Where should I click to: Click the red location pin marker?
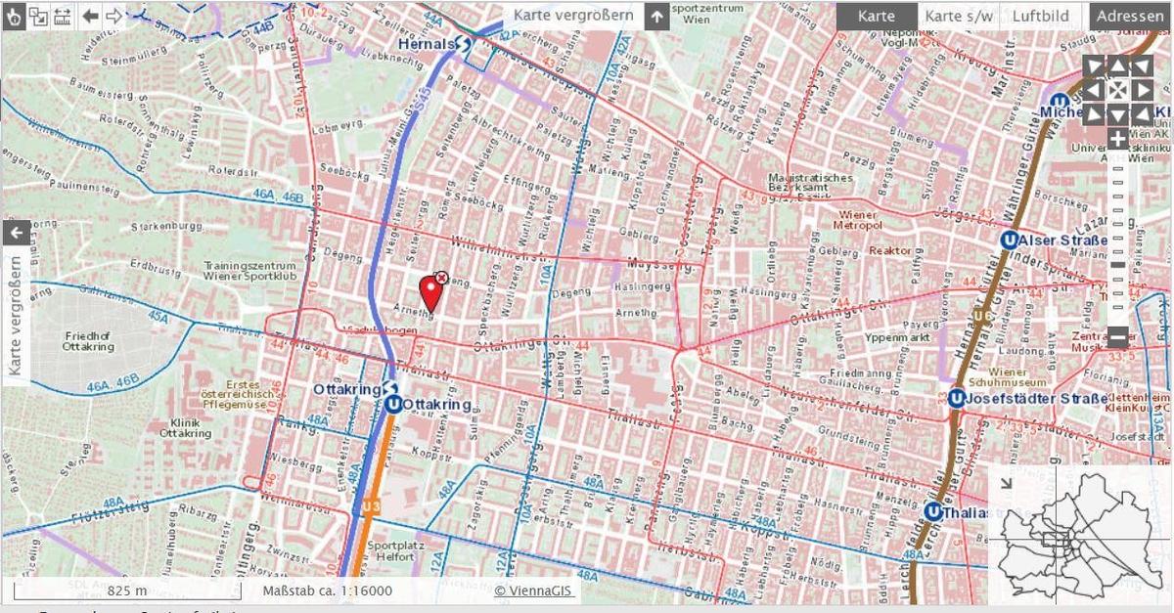[429, 292]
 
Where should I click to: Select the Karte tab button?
[876, 16]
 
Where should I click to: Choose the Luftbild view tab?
[1040, 16]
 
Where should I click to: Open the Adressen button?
[1129, 16]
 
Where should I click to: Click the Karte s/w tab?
[958, 16]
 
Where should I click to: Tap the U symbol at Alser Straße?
[1009, 240]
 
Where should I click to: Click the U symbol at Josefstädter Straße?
[955, 398]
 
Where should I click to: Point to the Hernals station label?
[428, 44]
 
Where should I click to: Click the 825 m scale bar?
[126, 591]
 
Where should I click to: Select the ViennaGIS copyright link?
[534, 591]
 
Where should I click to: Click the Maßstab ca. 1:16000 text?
[327, 591]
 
